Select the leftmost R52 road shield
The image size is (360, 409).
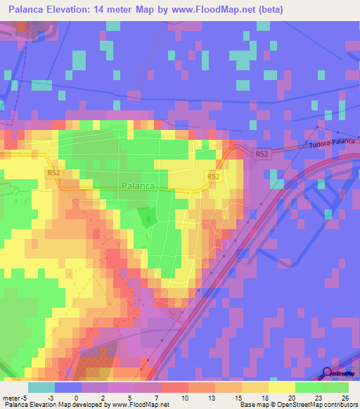tap(54, 171)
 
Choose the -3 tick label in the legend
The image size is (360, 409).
tap(50, 397)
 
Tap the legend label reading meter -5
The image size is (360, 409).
tap(13, 397)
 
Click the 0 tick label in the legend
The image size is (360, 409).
tap(76, 397)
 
